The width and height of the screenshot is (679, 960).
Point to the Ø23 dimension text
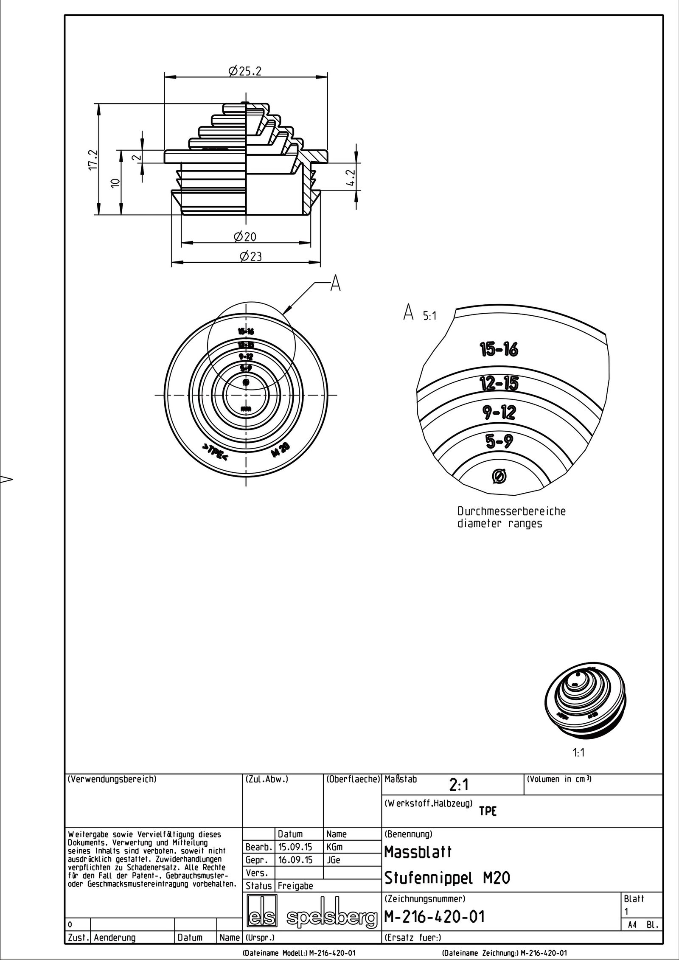250,256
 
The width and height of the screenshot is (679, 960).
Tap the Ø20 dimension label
245,236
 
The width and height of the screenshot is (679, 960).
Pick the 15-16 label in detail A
499,350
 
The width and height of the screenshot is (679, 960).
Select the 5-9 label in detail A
499,442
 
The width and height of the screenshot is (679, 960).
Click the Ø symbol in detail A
499,477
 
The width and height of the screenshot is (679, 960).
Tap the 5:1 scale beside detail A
429,316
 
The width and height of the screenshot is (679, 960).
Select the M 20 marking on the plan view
280,449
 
